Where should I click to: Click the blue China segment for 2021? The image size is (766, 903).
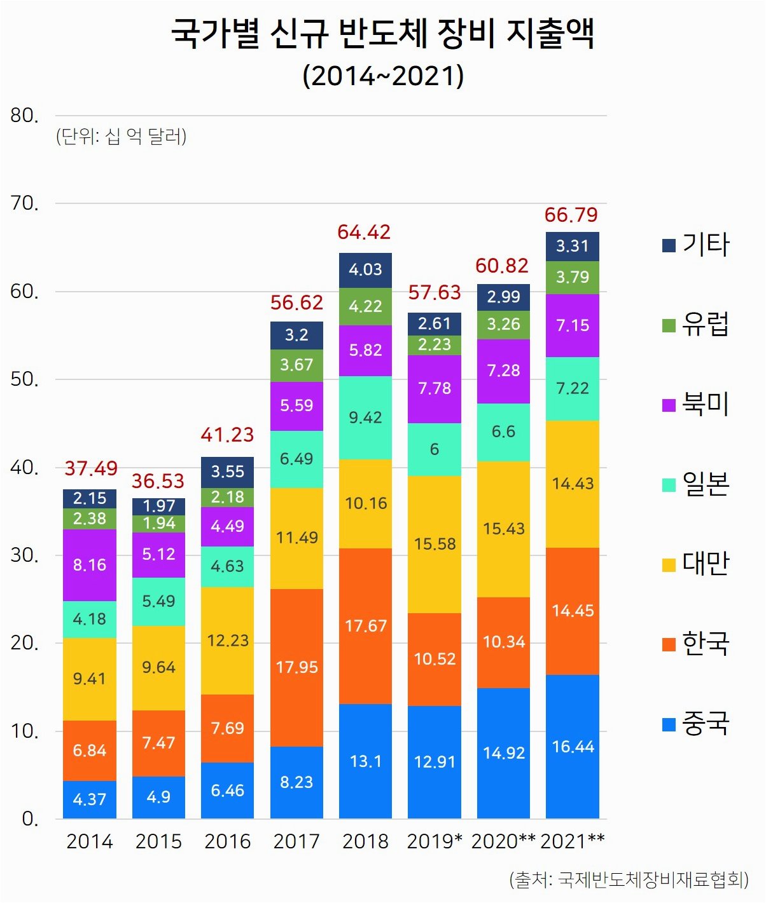pyautogui.click(x=573, y=746)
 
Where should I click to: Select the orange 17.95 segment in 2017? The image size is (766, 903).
pyautogui.click(x=296, y=667)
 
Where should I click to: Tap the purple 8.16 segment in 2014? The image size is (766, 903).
pyautogui.click(x=90, y=565)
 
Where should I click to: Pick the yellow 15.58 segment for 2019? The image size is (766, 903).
pyautogui.click(x=435, y=544)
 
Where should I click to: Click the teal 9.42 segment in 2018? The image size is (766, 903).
pyautogui.click(x=365, y=418)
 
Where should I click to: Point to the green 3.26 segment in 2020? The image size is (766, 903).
pyautogui.click(x=503, y=324)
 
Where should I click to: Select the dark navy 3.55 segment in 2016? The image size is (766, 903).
pyautogui.click(x=227, y=472)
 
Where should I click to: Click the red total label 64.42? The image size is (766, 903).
pyautogui.click(x=364, y=233)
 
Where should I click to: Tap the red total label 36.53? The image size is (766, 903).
pyautogui.click(x=158, y=481)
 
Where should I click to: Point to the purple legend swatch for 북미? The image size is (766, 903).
pyautogui.click(x=669, y=405)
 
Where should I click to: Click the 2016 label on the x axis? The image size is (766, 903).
pyautogui.click(x=227, y=841)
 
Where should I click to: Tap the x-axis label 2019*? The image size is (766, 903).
pyautogui.click(x=435, y=841)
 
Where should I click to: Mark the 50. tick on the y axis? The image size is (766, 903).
pyautogui.click(x=25, y=379)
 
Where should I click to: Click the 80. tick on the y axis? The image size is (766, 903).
pyautogui.click(x=25, y=116)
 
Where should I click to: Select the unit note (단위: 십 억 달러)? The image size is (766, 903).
pyautogui.click(x=122, y=136)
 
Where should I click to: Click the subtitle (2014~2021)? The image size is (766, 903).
pyautogui.click(x=383, y=76)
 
